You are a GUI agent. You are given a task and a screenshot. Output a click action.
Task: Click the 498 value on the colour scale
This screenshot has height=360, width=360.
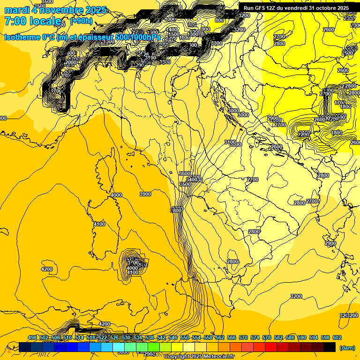(x=32, y=337)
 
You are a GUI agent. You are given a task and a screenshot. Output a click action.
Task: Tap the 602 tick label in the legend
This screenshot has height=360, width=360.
(x=337, y=337)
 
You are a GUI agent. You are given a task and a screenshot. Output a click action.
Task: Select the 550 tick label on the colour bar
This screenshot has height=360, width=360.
(x=185, y=337)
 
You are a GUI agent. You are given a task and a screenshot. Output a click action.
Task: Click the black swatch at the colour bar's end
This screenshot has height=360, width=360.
(x=330, y=347)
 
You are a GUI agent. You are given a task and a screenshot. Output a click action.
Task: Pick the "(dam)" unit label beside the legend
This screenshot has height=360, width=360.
(x=347, y=347)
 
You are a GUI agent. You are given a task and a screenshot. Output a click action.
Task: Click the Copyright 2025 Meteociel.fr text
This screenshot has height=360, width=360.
(x=199, y=357)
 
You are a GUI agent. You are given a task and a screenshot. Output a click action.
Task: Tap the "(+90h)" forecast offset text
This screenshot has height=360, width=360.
(x=81, y=21)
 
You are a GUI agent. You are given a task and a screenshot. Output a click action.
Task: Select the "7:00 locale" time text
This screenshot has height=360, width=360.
(x=33, y=21)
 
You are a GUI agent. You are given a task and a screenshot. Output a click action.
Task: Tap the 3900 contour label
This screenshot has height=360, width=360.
(x=145, y=194)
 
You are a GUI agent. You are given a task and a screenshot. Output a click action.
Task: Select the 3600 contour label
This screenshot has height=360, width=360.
(x=185, y=173)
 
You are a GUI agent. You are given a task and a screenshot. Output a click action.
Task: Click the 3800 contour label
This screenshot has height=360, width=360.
(x=176, y=210)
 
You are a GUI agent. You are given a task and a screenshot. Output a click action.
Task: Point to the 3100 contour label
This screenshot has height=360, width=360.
(x=230, y=142)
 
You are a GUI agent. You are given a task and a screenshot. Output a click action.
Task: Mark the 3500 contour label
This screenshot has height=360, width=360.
(x=185, y=185)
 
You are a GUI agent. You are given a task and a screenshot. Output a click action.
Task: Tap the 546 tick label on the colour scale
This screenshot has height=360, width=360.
(x=173, y=337)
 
